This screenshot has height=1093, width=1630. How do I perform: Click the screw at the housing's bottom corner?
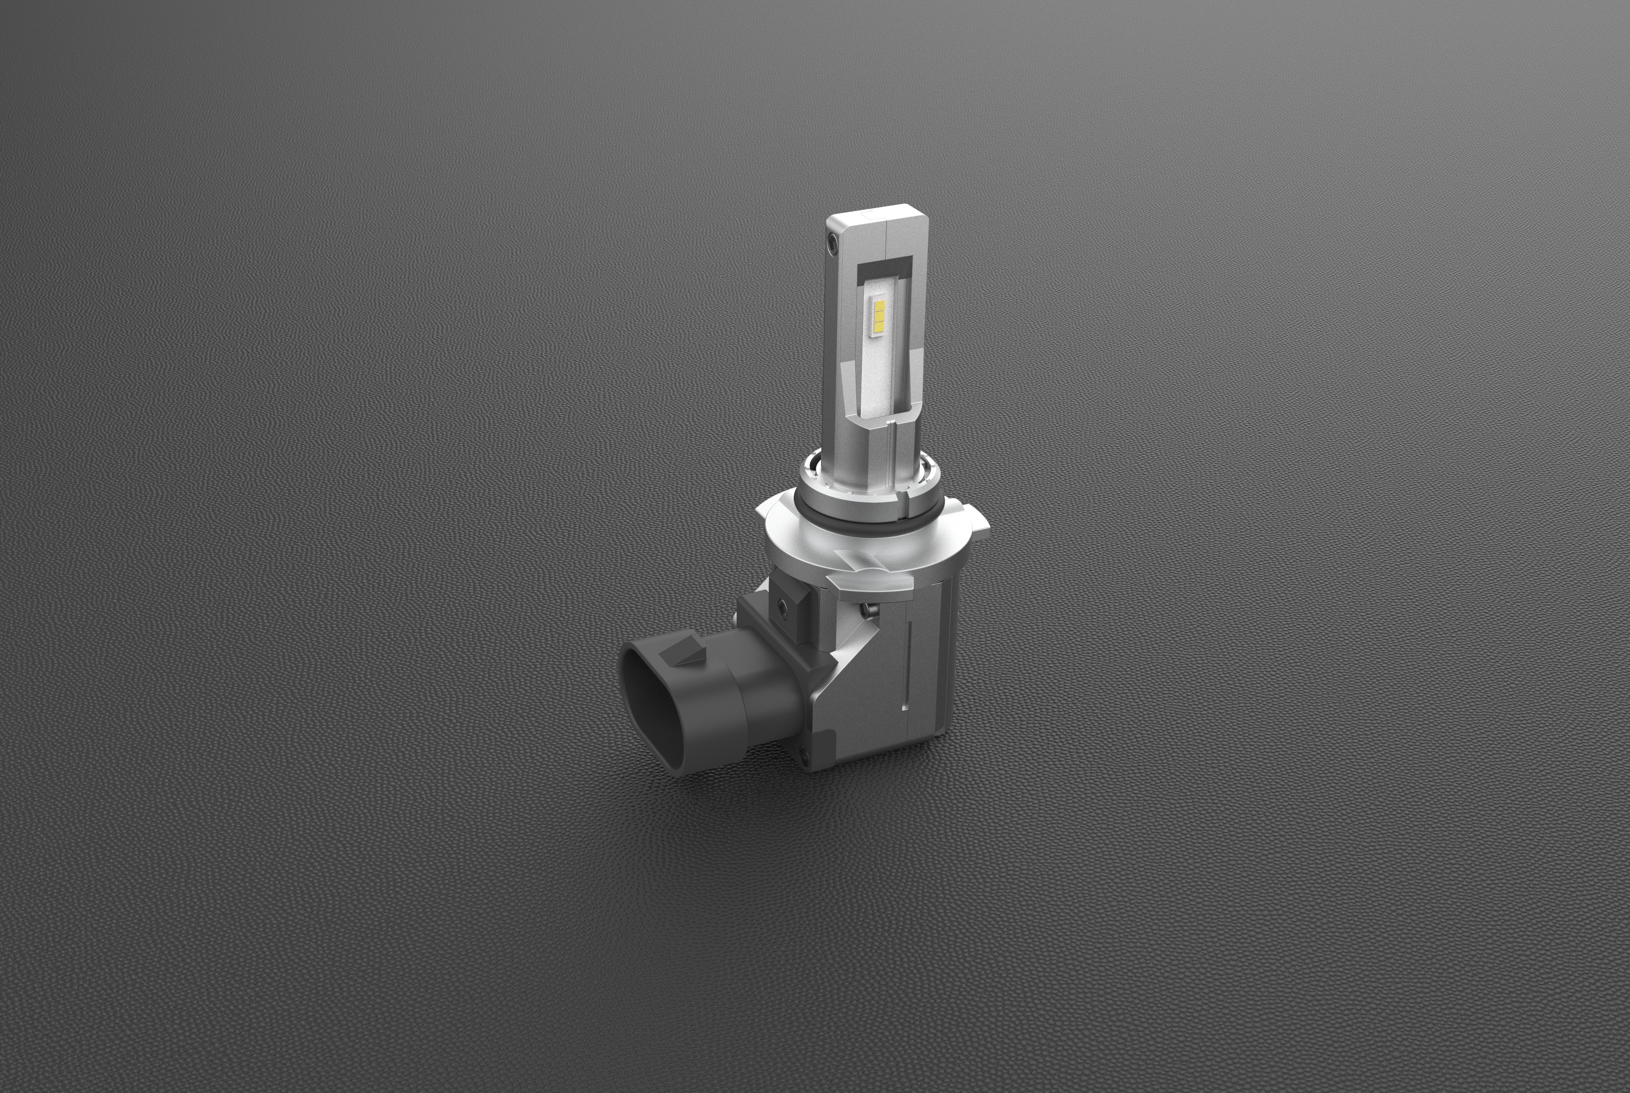click(x=805, y=752)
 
